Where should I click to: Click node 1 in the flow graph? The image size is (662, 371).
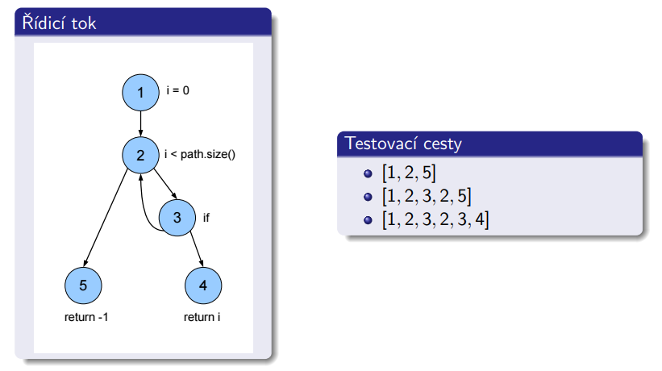tap(140, 93)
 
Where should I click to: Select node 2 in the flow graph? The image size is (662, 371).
tap(140, 154)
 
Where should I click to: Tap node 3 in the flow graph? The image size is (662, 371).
tap(177, 217)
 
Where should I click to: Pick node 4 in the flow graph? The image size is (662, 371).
tap(202, 284)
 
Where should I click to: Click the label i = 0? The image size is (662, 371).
tap(177, 91)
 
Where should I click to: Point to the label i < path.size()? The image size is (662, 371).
tap(199, 153)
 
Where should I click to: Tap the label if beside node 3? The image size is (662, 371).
tap(206, 217)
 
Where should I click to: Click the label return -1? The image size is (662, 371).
tap(86, 317)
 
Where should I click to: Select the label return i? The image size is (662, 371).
tap(202, 317)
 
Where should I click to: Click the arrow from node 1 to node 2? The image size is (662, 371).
tap(140, 123)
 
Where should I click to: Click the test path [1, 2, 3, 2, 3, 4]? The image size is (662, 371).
tap(436, 219)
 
